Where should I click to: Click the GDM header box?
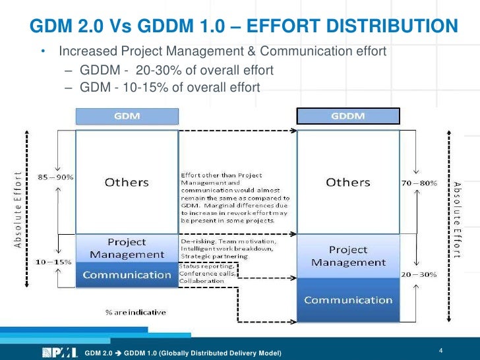click(127, 116)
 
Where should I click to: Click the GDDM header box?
click(348, 117)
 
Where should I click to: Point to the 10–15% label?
click(54, 262)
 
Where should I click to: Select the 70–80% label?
click(419, 182)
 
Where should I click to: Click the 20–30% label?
click(419, 273)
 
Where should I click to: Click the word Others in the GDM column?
click(127, 182)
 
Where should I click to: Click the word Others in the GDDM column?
click(348, 182)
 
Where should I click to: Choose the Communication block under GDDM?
click(348, 301)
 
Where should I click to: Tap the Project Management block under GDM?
click(127, 248)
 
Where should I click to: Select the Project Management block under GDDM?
click(348, 256)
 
